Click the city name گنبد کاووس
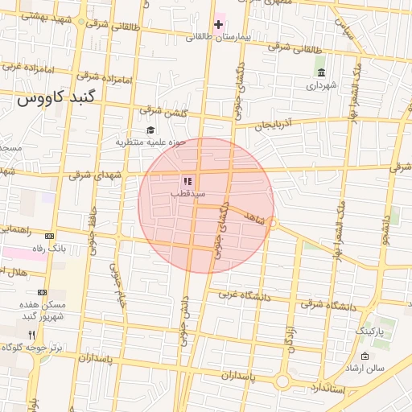tap(56, 98)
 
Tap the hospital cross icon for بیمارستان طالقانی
tap(218, 24)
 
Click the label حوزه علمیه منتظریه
tap(150, 142)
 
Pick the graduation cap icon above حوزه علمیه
tap(150, 130)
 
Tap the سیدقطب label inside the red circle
tap(188, 194)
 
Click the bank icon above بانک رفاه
tap(50, 237)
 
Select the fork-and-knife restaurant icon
tap(31, 335)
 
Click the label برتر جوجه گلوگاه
tap(36, 347)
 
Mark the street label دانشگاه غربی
tap(241, 295)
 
